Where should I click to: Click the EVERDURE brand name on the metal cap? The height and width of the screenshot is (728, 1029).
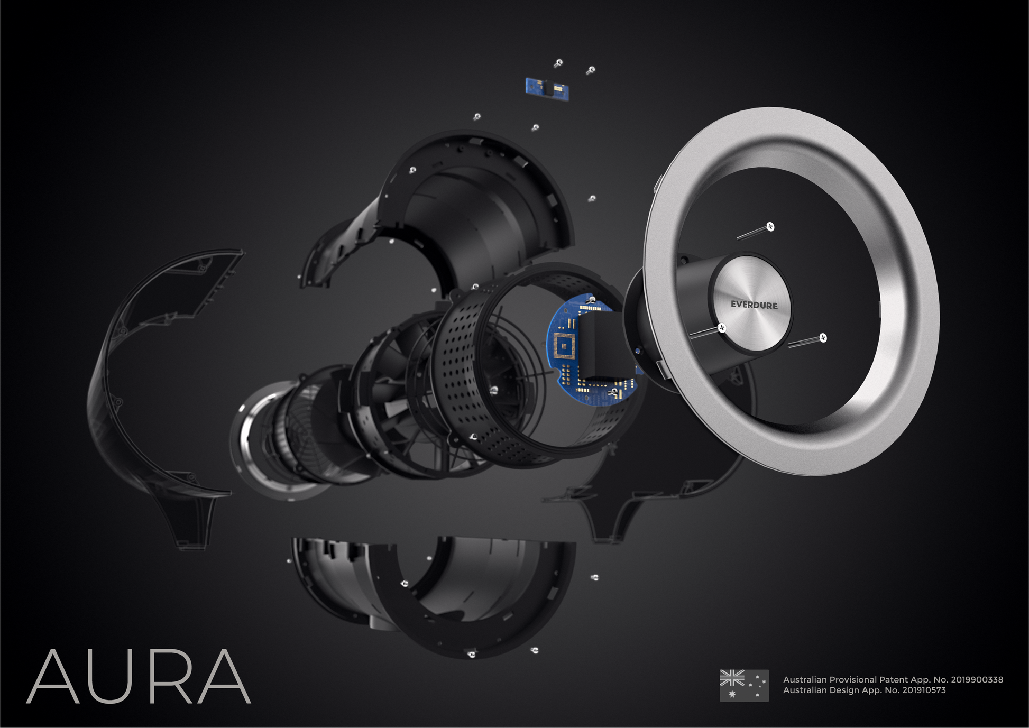[754, 305]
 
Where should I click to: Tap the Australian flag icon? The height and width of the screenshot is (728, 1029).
[744, 685]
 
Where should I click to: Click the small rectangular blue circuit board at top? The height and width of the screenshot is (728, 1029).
[547, 88]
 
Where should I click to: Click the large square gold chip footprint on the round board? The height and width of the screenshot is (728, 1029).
[564, 346]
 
